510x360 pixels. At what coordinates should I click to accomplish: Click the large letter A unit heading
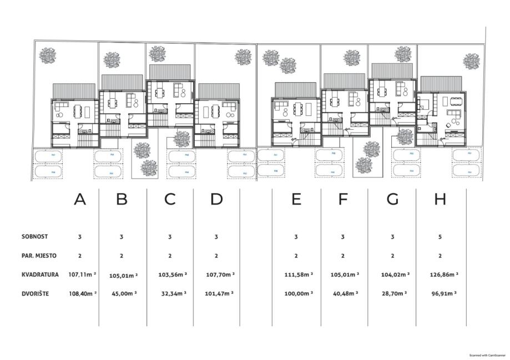point(80,200)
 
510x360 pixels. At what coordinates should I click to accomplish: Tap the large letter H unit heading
point(440,200)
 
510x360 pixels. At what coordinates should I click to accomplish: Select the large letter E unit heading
point(296,200)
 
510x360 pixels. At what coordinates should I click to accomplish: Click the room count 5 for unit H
point(440,237)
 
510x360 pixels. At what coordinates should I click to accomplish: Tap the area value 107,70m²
point(219,274)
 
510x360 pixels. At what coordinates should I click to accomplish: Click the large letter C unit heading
point(170,200)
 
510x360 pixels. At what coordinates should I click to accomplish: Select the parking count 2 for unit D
point(216,256)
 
